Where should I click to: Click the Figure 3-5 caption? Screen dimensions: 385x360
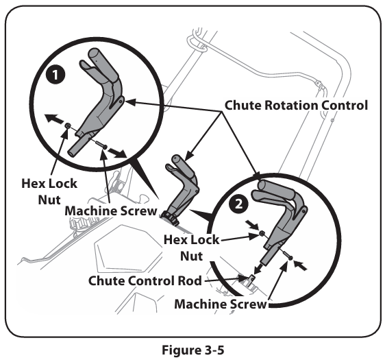tap(193, 350)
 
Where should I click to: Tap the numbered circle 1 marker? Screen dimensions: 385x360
tap(55, 75)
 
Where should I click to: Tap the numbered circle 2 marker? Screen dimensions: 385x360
tap(238, 204)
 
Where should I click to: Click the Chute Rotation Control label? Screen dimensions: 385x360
tap(296, 105)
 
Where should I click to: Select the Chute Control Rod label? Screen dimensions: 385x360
tap(145, 280)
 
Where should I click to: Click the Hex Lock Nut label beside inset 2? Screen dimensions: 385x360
tap(191, 248)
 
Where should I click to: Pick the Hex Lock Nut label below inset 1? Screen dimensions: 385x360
tap(49, 192)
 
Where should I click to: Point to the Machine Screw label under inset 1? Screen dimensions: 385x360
tap(111, 211)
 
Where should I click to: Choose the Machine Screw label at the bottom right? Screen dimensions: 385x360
tap(221, 304)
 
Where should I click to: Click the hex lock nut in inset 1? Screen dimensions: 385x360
tap(66, 125)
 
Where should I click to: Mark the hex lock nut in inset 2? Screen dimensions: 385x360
tap(262, 232)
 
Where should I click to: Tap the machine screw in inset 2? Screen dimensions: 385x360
tap(287, 255)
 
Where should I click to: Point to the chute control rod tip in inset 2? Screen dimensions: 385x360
tap(251, 278)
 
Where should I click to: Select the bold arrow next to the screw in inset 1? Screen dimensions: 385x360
tap(117, 153)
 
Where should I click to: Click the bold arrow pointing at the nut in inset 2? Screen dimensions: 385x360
tap(252, 224)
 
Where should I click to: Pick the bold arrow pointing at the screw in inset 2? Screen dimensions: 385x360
tap(301, 265)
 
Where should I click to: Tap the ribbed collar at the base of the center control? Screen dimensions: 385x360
tap(170, 218)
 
